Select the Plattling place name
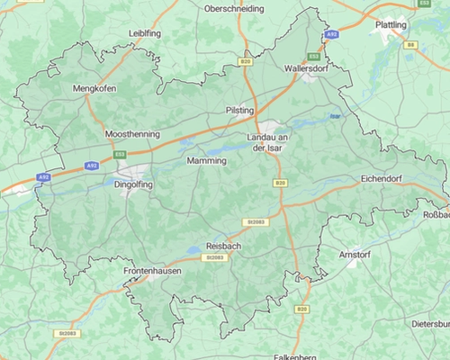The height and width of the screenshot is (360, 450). (x=391, y=25)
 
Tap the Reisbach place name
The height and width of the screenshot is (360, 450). (x=222, y=245)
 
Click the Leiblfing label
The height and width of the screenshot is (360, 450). (x=145, y=33)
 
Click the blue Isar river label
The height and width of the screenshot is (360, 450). (x=336, y=116)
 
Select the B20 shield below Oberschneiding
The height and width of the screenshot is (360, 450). (x=246, y=61)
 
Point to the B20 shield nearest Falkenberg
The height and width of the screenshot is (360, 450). (x=301, y=309)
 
